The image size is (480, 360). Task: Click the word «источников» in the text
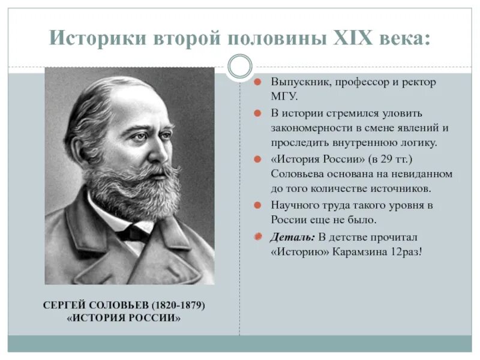(x=400, y=189)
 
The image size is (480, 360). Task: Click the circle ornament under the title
(x=240, y=66)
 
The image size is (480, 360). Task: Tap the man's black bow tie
(x=133, y=232)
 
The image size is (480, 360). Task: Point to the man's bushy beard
(x=132, y=186)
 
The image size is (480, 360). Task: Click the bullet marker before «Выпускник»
(x=256, y=82)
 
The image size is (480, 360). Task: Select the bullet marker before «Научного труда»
(x=256, y=205)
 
